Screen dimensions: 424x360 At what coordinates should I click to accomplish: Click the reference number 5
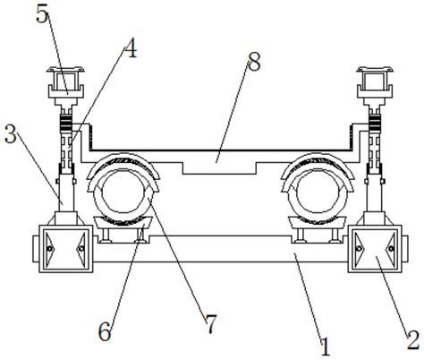point(42,14)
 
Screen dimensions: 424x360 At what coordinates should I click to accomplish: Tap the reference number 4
point(131,48)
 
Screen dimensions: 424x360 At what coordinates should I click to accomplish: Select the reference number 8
point(254,62)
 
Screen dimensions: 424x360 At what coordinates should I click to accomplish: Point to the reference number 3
point(11,134)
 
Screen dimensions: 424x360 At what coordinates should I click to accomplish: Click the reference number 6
point(105,331)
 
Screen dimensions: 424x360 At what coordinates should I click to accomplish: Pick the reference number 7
point(211,324)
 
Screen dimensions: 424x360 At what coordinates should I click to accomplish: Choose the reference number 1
point(326,347)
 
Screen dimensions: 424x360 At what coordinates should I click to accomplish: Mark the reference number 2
point(413,339)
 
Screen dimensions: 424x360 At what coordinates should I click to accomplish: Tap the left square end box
point(65,249)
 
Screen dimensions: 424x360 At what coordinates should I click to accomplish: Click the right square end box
point(375,249)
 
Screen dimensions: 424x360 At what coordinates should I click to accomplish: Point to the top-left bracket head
point(65,82)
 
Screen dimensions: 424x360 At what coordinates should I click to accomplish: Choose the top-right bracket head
point(375,82)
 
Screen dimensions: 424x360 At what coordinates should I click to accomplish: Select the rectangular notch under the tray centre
point(219,168)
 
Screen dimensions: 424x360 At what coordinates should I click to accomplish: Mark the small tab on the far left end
point(36,249)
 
